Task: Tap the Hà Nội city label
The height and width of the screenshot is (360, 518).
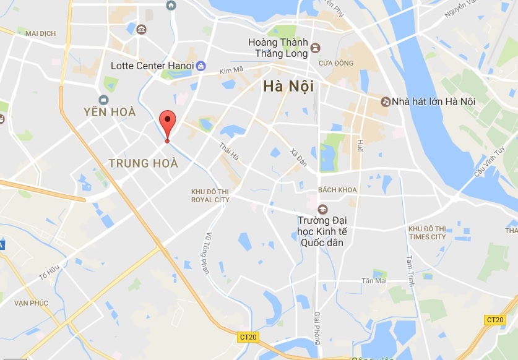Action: click(285, 86)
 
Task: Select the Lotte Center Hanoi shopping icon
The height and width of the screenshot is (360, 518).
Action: click(202, 66)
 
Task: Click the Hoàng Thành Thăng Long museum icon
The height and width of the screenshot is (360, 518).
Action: click(316, 48)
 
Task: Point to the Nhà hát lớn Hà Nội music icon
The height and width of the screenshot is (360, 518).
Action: click(386, 101)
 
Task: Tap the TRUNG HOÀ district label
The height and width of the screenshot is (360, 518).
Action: click(143, 163)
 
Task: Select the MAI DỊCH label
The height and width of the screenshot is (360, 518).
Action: click(41, 33)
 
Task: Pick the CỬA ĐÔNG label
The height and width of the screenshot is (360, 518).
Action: click(336, 63)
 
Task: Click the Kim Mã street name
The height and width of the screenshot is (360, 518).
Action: click(230, 72)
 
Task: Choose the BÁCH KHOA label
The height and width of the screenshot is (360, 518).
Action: click(337, 189)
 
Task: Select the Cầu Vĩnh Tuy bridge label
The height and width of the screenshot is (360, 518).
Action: click(490, 163)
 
